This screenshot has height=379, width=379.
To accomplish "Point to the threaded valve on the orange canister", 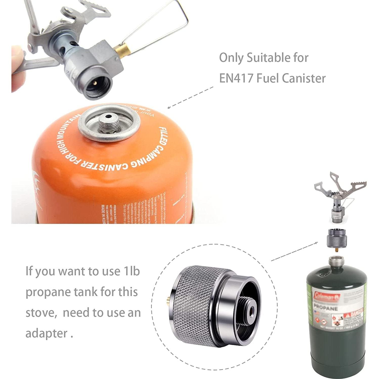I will [x=108, y=122].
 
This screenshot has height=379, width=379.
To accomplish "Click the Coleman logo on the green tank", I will [x=327, y=297].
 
